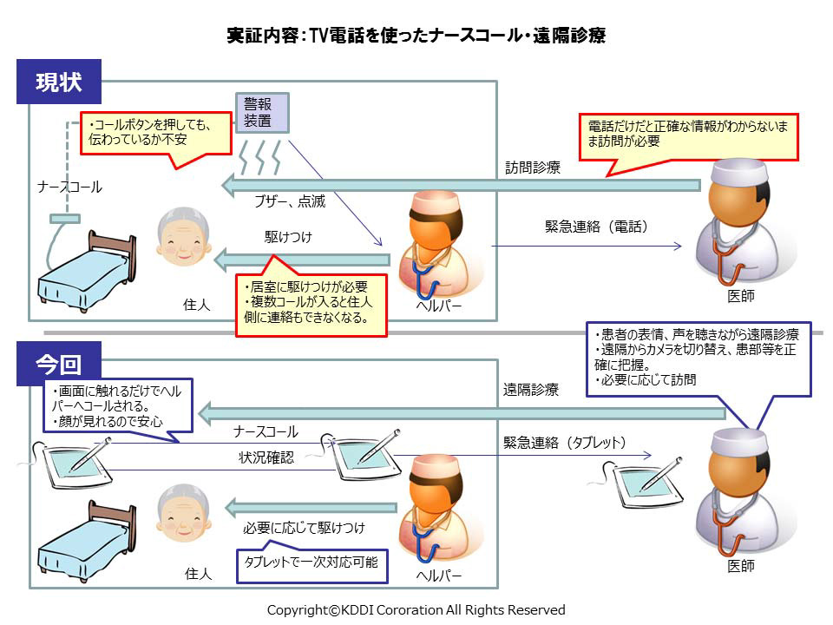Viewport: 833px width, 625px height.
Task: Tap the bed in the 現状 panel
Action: tap(84, 272)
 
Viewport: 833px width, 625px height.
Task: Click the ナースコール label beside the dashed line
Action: tap(69, 187)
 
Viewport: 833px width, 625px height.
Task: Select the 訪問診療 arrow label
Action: tap(533, 168)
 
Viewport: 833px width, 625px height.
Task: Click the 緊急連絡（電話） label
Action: tap(596, 227)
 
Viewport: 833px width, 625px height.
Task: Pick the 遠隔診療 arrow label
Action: tap(531, 391)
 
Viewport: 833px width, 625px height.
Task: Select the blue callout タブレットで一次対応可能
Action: tap(312, 562)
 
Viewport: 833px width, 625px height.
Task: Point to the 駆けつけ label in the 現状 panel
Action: tap(289, 236)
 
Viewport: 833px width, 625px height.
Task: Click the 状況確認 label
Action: tap(266, 457)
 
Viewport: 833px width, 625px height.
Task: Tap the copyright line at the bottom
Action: tap(416, 609)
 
